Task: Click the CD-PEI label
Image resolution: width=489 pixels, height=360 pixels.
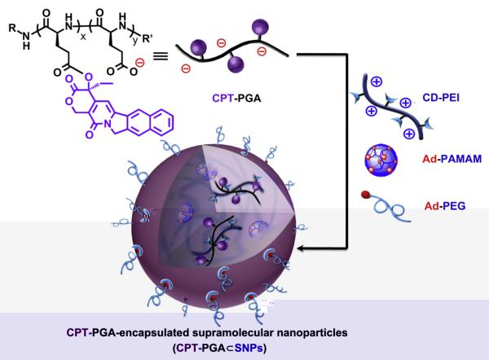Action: [x=441, y=98]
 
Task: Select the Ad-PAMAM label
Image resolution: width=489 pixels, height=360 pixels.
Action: [x=452, y=159]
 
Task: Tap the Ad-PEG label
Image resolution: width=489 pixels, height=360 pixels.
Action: [x=445, y=206]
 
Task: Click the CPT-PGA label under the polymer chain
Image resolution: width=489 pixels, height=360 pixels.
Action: [x=236, y=99]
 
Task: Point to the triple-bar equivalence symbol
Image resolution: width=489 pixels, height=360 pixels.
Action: [x=161, y=56]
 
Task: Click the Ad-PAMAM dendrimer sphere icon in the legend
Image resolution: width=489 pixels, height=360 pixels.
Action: [x=381, y=160]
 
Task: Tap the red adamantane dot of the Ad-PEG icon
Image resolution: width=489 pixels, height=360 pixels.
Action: [x=365, y=195]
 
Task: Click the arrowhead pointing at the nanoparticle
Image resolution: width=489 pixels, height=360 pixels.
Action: [x=302, y=248]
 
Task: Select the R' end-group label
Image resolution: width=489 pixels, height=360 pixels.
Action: [x=148, y=39]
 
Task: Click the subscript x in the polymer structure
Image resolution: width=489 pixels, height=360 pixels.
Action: [x=83, y=37]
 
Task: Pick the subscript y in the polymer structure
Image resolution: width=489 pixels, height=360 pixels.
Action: [x=134, y=41]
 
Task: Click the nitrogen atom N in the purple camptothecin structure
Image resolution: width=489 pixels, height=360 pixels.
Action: [x=108, y=124]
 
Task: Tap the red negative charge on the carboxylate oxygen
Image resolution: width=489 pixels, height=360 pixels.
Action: [x=140, y=63]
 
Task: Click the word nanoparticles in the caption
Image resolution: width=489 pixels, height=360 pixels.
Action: [x=312, y=333]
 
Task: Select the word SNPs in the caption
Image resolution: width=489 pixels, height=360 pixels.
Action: [x=248, y=348]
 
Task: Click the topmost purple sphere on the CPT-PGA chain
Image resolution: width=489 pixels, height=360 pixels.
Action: [x=260, y=26]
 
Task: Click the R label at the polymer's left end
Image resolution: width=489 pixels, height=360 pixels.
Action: [x=12, y=28]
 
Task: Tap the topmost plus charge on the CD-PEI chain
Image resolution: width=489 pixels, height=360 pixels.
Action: [x=377, y=81]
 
